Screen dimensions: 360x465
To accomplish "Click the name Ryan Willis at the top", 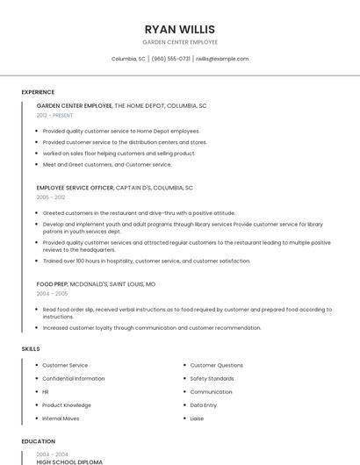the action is [x=180, y=29].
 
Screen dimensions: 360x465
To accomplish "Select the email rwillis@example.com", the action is [x=222, y=59].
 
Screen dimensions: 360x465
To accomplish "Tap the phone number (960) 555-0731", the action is [x=170, y=59].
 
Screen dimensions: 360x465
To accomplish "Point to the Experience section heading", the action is [x=38, y=92].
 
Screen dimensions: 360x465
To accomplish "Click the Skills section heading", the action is [x=31, y=349].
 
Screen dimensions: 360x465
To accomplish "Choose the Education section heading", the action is [x=39, y=441].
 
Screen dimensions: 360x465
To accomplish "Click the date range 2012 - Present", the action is [x=55, y=115].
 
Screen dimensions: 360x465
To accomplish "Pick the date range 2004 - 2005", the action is [x=50, y=294].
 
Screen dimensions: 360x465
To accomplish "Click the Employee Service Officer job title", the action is [x=76, y=188].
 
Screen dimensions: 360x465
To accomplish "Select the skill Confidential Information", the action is [x=74, y=378].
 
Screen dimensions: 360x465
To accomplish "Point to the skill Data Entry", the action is [x=204, y=405].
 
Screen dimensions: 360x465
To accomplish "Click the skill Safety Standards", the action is [x=212, y=378].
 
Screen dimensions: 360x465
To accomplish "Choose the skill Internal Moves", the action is [x=61, y=418].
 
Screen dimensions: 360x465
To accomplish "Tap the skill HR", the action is [x=46, y=392].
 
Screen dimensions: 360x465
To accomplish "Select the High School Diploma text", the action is [x=69, y=461].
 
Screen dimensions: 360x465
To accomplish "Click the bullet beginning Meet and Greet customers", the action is [x=107, y=164].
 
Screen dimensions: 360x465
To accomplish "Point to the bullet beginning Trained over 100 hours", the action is [x=146, y=261].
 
